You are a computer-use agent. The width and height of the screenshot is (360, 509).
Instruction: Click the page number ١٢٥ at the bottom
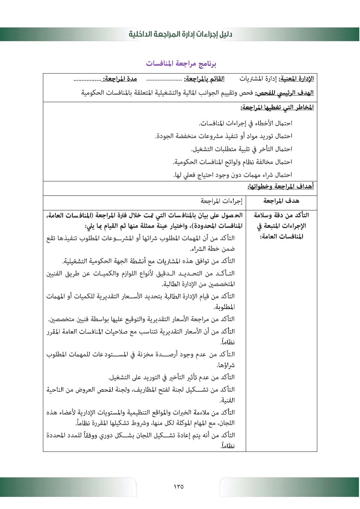179,487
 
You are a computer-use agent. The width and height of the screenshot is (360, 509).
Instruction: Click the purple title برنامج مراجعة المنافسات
181,64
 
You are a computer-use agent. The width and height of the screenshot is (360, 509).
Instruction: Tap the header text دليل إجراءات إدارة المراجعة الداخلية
180,34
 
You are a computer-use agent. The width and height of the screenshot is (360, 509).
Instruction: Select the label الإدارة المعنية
296,79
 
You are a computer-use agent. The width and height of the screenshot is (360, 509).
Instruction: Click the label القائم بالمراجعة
204,79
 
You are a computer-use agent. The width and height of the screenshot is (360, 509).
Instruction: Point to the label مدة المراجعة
120,79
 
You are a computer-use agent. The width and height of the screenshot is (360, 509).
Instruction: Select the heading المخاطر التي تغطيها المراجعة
277,107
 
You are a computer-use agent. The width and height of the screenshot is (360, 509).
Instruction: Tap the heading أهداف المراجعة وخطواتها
280,187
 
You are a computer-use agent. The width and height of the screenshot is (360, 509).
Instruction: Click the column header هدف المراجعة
281,201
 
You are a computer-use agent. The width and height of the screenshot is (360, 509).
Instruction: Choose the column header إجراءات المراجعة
222,201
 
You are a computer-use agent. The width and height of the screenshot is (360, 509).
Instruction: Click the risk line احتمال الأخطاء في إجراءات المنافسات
245,123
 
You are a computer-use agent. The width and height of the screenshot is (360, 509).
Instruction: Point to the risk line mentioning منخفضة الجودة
224,136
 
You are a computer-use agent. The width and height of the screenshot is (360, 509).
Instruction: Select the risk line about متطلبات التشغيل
242,149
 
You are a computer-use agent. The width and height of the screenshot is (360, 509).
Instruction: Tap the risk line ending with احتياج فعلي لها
233,175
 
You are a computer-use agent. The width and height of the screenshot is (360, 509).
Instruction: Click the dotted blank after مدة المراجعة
87,80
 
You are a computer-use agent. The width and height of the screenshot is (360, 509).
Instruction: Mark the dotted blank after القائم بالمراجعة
164,80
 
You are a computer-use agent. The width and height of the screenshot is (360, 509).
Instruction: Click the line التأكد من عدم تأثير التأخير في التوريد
172,377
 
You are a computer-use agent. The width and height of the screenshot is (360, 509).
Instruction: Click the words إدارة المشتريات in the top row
258,79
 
